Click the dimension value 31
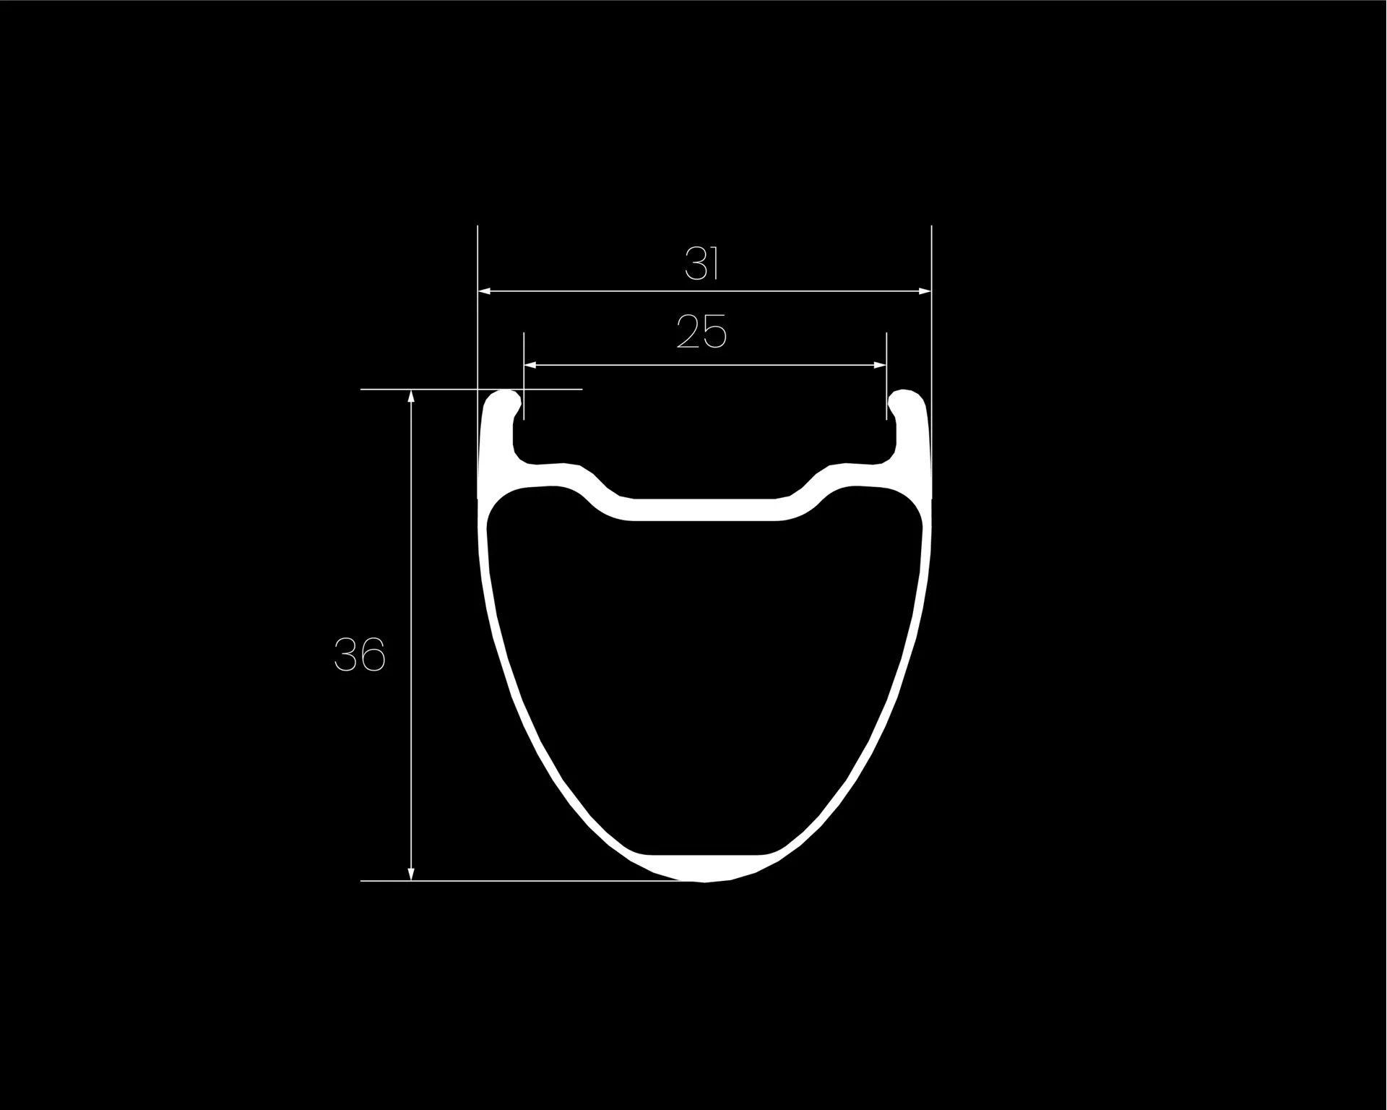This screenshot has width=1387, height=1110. point(702,264)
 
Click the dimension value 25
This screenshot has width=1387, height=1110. point(701,332)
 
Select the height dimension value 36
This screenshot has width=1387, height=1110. point(360,655)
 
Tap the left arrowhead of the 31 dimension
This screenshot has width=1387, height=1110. point(485,291)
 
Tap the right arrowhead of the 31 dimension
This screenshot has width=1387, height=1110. point(924,291)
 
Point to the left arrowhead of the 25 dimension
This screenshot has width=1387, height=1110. point(531,365)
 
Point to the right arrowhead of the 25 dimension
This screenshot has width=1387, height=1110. point(879,365)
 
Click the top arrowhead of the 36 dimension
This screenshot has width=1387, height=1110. point(411,396)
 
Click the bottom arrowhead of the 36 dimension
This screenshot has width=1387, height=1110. point(411,874)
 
